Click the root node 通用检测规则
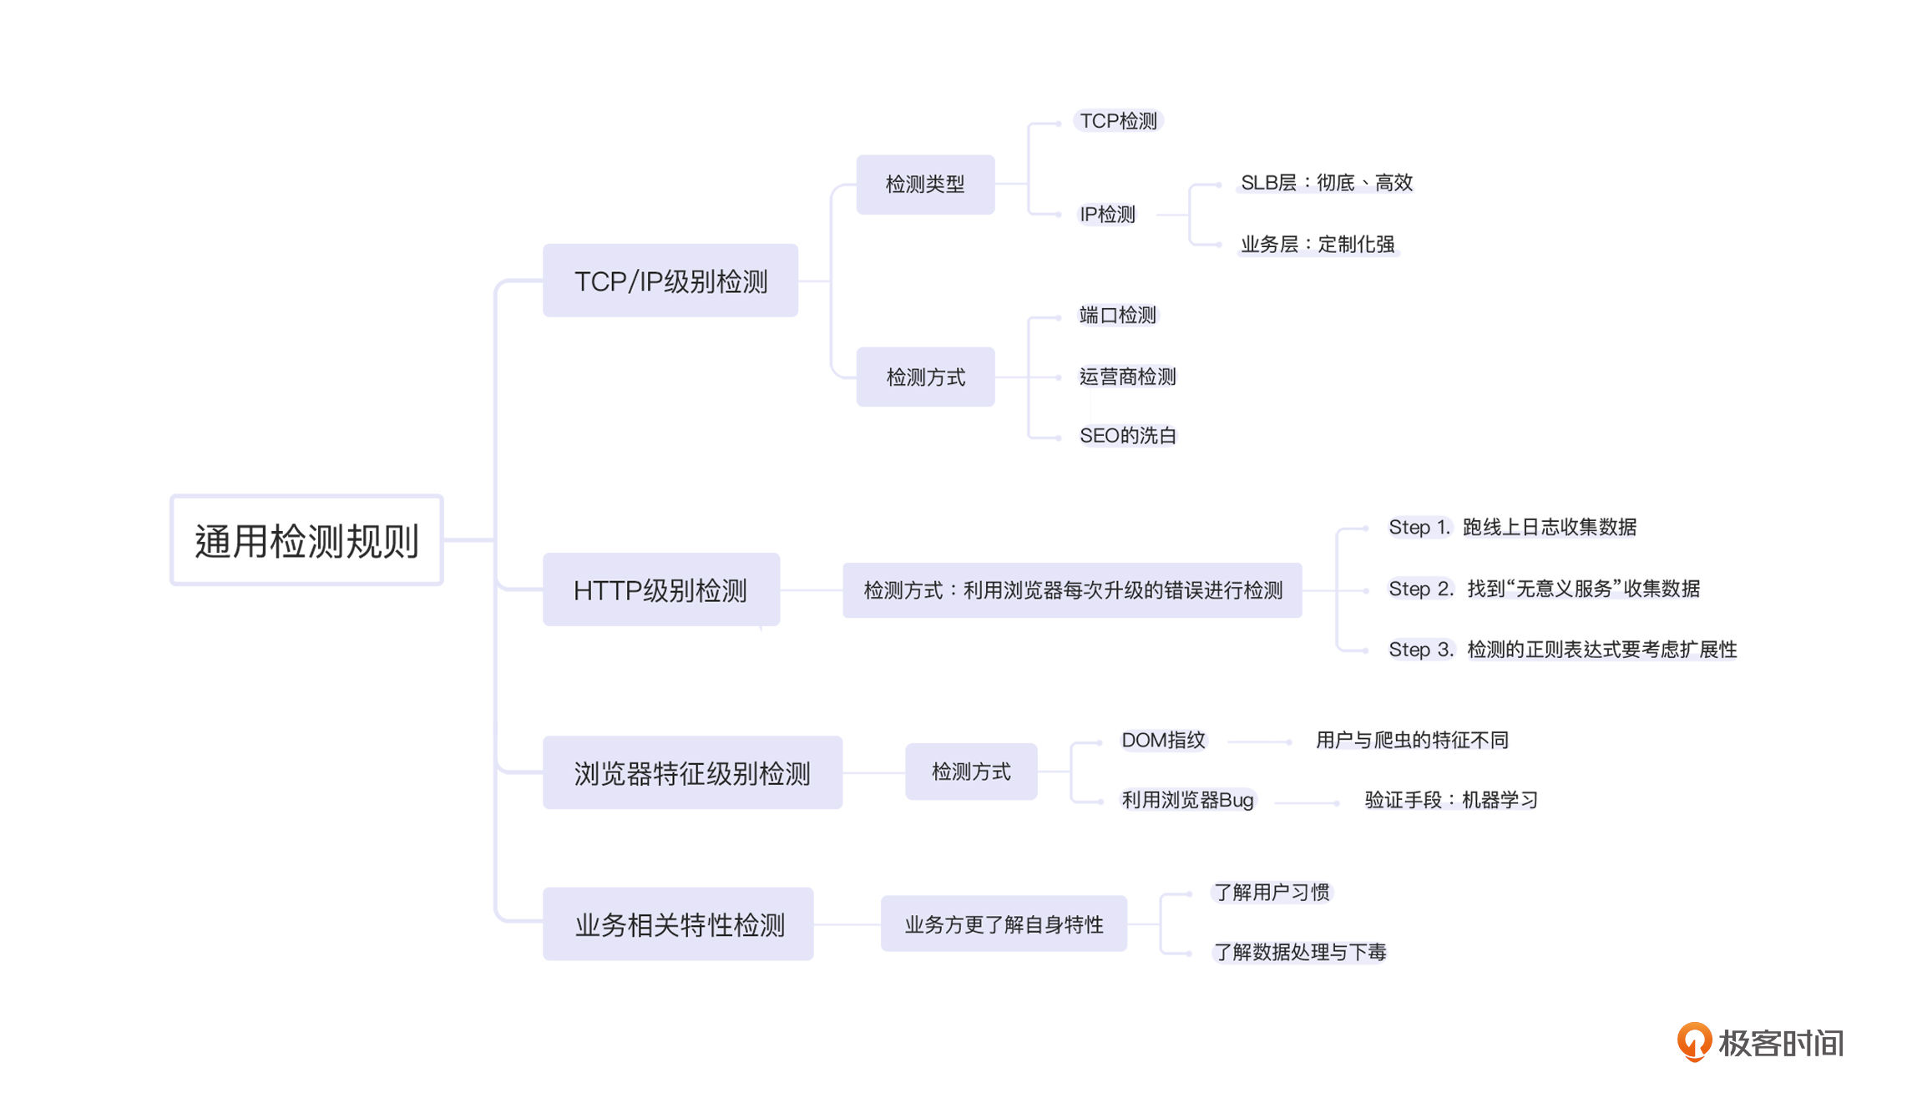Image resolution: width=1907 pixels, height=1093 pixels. tap(306, 540)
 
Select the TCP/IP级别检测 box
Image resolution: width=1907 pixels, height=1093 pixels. tap(670, 281)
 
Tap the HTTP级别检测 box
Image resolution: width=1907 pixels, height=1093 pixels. tap(661, 590)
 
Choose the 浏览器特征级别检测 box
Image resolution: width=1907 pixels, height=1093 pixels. tap(692, 772)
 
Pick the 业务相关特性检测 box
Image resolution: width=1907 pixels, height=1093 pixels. tap(678, 923)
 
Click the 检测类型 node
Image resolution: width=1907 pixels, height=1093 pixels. tap(925, 185)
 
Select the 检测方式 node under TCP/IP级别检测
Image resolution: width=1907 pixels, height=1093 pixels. tap(925, 377)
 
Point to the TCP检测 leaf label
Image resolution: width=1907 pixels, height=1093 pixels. tap(1118, 121)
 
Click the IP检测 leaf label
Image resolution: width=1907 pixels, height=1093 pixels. tap(1107, 215)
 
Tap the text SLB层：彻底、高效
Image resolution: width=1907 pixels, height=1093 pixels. tap(1326, 183)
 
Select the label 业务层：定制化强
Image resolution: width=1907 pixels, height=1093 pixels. tap(1318, 245)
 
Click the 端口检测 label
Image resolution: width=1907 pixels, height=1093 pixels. tap(1118, 315)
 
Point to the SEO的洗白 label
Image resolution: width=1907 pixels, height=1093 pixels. tap(1128, 436)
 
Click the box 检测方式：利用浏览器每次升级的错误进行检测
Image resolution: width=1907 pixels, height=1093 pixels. tap(1072, 590)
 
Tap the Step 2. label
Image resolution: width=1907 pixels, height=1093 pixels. tap(1421, 589)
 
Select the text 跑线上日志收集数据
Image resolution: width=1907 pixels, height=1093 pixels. tap(1550, 527)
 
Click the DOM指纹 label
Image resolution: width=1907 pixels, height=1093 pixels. tap(1163, 740)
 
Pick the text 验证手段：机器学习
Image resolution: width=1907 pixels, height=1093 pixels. tap(1451, 800)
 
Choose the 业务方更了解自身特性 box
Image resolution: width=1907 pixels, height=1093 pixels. tap(1004, 923)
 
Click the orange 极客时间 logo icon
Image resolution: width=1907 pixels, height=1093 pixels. tap(1694, 1041)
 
